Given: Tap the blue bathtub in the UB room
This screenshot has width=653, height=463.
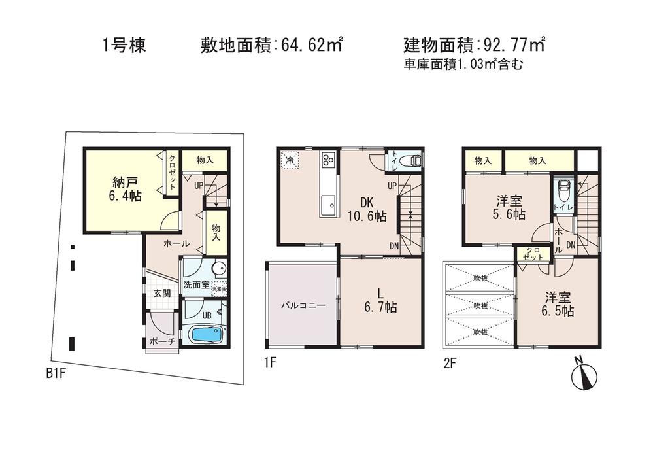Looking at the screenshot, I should coord(206,335).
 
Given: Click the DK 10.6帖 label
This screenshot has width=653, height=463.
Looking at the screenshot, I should coord(365,211).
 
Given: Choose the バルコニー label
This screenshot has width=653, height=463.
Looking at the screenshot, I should coord(300,305).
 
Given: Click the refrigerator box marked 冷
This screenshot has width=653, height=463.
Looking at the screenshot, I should coord(289,160).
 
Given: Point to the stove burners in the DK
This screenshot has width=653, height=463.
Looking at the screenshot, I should coord(328,160).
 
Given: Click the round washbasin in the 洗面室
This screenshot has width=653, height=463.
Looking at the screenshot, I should coord(219,268).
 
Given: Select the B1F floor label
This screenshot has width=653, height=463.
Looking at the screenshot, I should coord(58,373).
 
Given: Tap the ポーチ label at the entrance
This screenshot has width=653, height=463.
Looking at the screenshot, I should coord(162,341).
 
